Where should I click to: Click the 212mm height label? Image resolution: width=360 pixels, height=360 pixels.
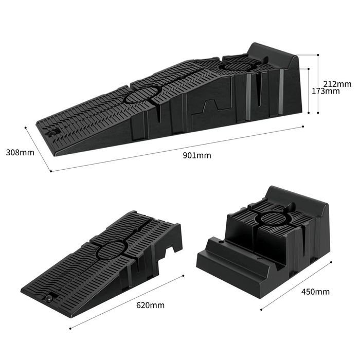337,84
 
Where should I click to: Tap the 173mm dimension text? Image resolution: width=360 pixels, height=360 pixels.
326,91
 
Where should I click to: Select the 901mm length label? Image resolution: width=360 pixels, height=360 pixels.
197,155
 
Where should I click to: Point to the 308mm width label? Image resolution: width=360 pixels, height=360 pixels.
20,152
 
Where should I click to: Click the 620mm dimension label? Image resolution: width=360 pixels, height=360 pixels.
150,305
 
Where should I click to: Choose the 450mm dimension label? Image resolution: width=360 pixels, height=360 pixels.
315,292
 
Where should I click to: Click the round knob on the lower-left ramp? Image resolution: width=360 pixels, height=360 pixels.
49,298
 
